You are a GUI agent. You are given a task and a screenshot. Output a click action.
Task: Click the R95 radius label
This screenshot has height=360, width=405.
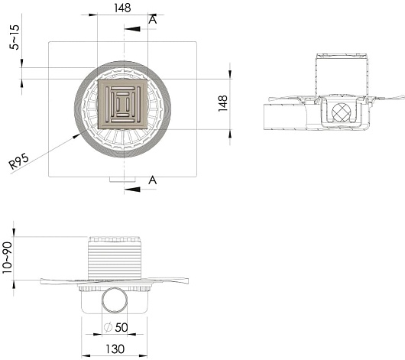tap(18, 161)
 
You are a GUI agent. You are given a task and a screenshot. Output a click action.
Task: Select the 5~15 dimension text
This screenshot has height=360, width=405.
tap(15, 37)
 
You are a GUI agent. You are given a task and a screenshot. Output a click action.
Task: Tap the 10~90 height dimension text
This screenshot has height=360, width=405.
tap(7, 258)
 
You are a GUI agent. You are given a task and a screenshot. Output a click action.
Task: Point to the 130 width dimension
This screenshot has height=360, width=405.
tap(115, 349)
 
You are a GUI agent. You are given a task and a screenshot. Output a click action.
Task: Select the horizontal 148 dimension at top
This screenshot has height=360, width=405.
tap(122, 8)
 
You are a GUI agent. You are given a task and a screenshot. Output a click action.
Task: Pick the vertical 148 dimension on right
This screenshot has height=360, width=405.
tap(222, 103)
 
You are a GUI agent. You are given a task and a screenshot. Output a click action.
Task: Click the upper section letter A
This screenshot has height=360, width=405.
tap(153, 19)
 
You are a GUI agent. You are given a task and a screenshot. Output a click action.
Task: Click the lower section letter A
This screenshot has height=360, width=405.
tap(153, 180)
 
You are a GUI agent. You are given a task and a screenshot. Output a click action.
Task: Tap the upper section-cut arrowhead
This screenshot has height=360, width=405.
tap(132, 29)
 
